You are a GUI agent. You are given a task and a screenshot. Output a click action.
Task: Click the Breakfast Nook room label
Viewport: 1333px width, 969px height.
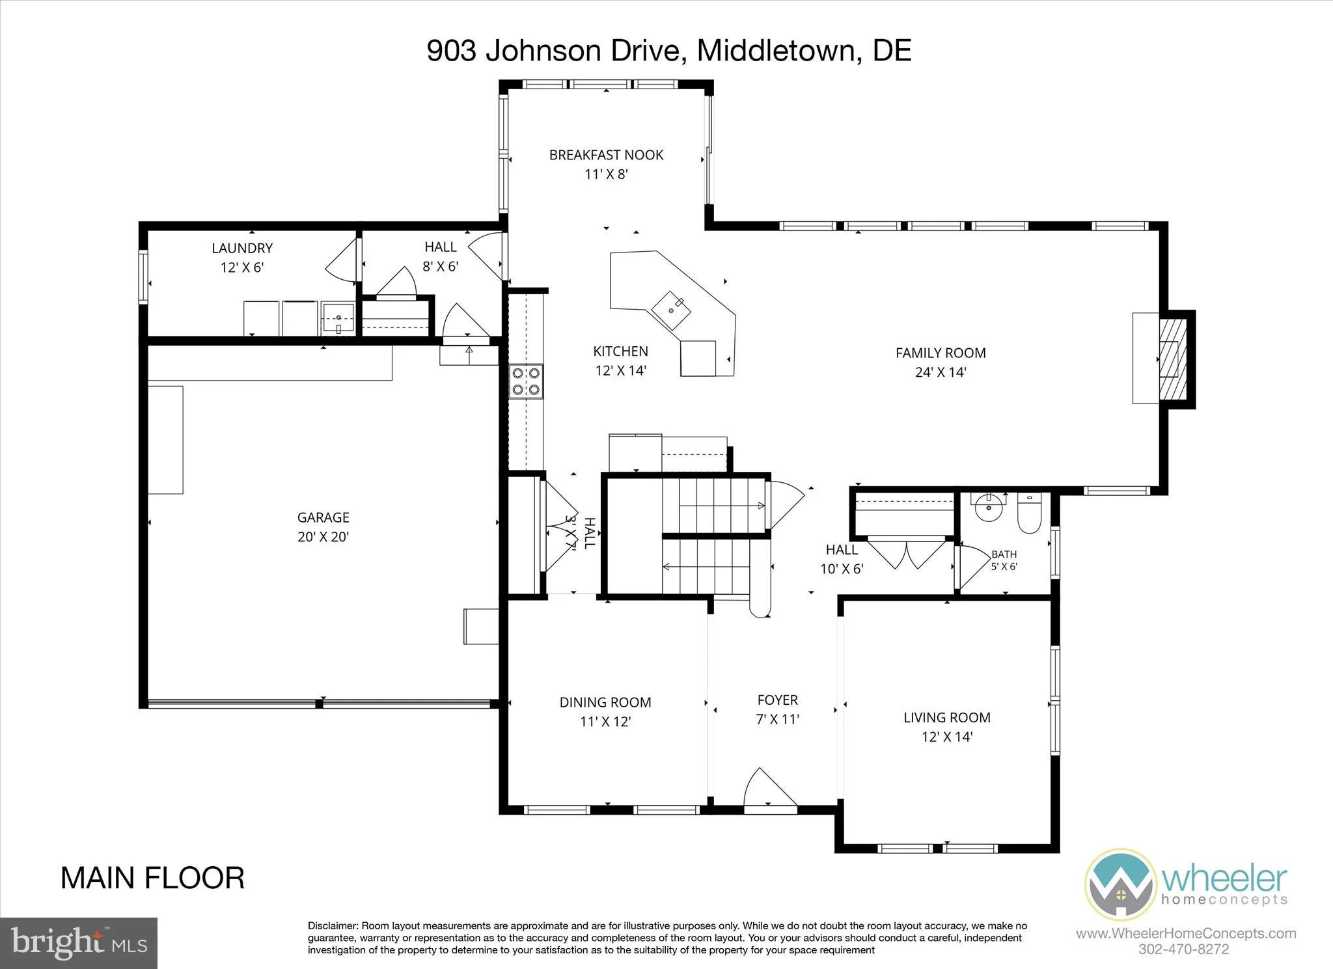(606, 155)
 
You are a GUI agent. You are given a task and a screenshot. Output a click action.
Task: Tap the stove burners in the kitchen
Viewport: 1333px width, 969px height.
(526, 381)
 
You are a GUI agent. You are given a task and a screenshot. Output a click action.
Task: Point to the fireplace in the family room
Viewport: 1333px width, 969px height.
(1170, 359)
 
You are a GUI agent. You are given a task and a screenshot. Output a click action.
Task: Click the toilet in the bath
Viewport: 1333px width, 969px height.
(1029, 513)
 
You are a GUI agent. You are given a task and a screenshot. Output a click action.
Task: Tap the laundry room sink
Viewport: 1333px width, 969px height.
(338, 319)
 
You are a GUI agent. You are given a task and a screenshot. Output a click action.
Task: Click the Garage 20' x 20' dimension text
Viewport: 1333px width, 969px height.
(323, 537)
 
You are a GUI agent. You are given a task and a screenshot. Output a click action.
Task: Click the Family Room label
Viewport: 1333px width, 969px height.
(941, 353)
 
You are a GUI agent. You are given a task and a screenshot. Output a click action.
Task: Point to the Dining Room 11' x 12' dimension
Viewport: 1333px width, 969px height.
(605, 722)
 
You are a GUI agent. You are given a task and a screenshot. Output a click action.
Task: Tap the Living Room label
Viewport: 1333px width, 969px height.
(947, 717)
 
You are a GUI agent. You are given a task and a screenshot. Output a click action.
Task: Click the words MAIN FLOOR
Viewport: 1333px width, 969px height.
(153, 878)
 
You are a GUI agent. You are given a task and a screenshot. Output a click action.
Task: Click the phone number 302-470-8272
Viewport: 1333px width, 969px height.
(1184, 949)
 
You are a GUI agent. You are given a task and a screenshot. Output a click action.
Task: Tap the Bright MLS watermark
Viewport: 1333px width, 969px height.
(79, 942)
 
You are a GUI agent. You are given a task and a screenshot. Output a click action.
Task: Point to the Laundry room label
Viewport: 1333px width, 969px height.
(242, 248)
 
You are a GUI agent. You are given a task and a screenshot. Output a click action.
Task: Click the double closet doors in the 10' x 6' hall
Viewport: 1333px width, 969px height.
(907, 553)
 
